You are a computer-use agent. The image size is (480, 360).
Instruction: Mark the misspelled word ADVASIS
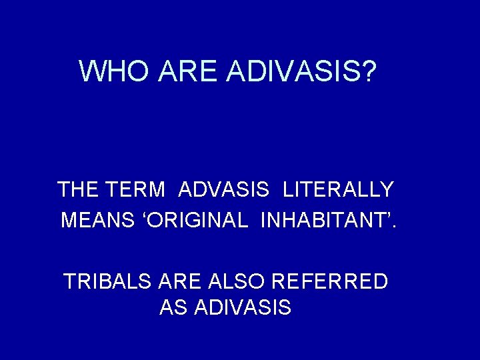224,190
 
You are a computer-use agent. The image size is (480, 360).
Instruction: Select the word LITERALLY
338,190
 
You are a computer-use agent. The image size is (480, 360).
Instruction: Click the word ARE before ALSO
179,281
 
